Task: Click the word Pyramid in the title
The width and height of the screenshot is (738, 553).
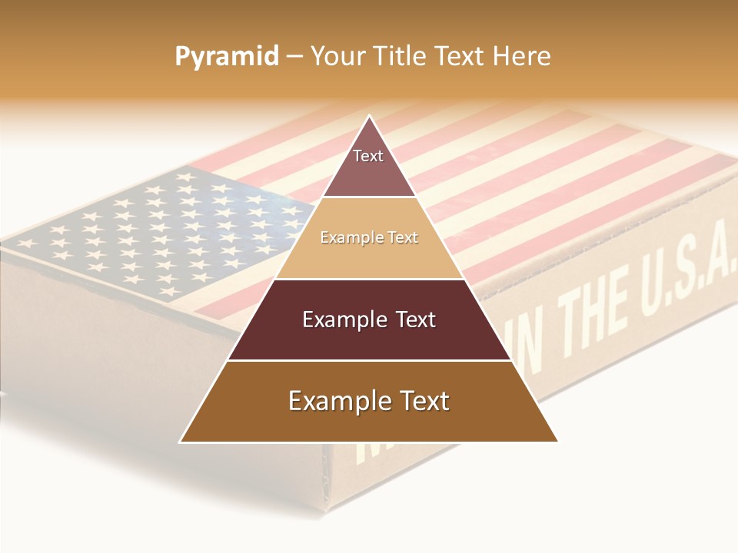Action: pyautogui.click(x=227, y=57)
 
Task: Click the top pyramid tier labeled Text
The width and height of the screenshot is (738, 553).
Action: pyautogui.click(x=369, y=165)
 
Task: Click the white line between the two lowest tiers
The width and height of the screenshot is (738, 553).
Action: pyautogui.click(x=369, y=360)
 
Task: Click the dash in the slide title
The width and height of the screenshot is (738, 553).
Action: pyautogui.click(x=294, y=57)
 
